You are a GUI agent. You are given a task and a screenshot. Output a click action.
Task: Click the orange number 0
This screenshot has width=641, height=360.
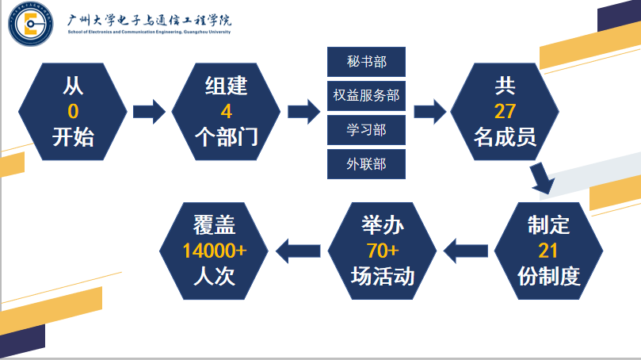pyautogui.click(x=73, y=111)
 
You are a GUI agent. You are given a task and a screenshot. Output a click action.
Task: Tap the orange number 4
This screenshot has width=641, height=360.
pyautogui.click(x=226, y=111)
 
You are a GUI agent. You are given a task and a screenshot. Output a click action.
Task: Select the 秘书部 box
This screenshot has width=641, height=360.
pyautogui.click(x=366, y=62)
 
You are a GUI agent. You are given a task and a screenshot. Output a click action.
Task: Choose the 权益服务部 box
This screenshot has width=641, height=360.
pyautogui.click(x=366, y=96)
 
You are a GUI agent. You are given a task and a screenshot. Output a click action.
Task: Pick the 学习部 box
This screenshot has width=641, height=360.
pyautogui.click(x=366, y=130)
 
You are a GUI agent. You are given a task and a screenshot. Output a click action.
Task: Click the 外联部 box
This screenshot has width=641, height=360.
pyautogui.click(x=366, y=164)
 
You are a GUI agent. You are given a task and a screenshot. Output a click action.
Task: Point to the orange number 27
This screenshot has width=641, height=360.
pyautogui.click(x=505, y=111)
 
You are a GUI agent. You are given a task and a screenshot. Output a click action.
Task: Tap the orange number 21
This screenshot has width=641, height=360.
pyautogui.click(x=548, y=251)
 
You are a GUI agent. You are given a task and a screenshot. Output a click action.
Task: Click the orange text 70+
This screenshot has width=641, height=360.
pyautogui.click(x=383, y=251)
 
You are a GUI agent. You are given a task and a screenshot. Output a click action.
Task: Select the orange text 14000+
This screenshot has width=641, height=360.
pyautogui.click(x=214, y=251)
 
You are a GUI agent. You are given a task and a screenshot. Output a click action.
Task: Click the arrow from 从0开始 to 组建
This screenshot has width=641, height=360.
pyautogui.click(x=148, y=111)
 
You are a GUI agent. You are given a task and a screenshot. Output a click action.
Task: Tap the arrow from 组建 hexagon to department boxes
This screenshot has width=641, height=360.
pyautogui.click(x=303, y=111)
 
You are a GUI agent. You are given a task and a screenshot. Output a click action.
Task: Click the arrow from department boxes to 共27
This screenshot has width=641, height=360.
pyautogui.click(x=429, y=111)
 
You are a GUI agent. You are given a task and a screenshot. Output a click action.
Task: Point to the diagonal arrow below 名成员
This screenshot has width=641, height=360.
pyautogui.click(x=543, y=178)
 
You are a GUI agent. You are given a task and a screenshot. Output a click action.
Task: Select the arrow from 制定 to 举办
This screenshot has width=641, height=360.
pyautogui.click(x=466, y=251)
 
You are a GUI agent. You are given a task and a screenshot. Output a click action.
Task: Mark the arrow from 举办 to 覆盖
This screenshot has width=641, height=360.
pyautogui.click(x=297, y=251)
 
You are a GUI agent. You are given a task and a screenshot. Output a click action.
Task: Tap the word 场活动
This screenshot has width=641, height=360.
pyautogui.click(x=383, y=276)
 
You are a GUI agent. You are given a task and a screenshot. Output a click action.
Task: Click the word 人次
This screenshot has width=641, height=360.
pyautogui.click(x=214, y=276)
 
